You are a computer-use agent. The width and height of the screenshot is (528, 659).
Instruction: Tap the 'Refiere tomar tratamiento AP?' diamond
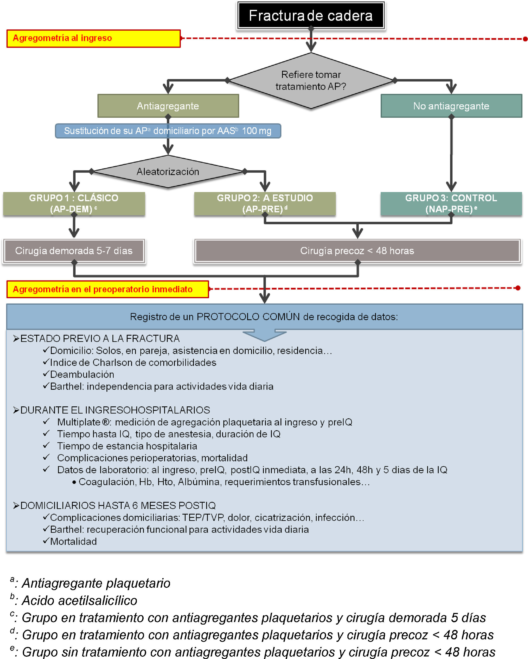pos(311,81)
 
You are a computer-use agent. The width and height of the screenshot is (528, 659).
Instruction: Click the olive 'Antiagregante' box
pos(168,106)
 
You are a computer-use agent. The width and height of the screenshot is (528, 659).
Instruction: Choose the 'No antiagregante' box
pos(451,106)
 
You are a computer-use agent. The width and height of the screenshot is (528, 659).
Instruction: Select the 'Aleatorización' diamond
pos(168,172)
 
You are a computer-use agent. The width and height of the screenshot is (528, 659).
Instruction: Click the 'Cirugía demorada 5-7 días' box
pos(74,251)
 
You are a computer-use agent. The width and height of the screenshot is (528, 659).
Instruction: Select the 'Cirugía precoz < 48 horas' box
pos(357,251)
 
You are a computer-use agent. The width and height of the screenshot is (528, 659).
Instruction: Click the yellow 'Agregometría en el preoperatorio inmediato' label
pos(108,289)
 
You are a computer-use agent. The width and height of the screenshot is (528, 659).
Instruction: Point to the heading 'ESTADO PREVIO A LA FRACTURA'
pos(100,339)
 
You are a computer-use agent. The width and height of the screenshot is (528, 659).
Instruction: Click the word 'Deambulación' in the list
pos(82,374)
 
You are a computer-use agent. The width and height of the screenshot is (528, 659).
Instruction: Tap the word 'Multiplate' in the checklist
pos(79,422)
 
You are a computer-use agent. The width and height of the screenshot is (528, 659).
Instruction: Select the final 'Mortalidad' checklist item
pos(73,542)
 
